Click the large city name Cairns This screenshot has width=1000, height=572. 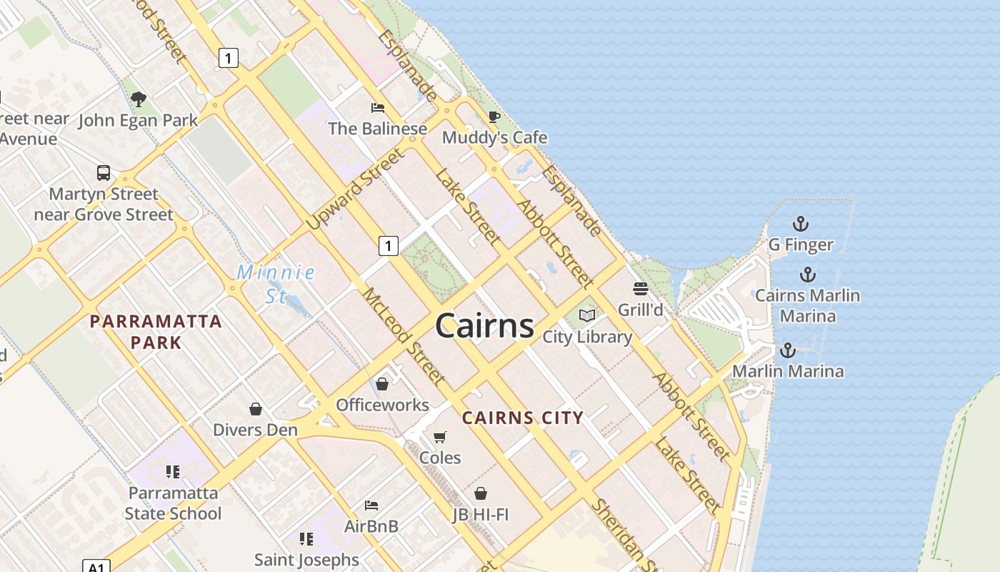coord(484,326)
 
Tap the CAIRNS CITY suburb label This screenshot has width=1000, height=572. coord(523,418)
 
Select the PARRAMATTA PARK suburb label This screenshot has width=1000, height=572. coord(156,332)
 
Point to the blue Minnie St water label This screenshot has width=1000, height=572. coord(276,283)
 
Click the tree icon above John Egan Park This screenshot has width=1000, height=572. coord(139,99)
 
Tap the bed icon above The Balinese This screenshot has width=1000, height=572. coord(378,108)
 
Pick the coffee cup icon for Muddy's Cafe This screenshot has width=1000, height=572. coord(494,117)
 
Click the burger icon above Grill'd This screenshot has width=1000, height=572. coord(640,289)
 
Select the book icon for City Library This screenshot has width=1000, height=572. coord(587,315)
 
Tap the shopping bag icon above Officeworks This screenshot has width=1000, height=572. coord(382,385)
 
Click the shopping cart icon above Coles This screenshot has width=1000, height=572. coord(440,437)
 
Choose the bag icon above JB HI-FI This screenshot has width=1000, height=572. coord(481,493)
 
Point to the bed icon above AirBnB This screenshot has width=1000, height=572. coord(371,506)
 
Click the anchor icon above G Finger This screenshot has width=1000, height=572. coord(801,224)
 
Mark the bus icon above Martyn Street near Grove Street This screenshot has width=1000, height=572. coord(104,173)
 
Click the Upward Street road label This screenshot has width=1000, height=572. coord(355,189)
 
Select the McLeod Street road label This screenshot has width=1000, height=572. coord(404,336)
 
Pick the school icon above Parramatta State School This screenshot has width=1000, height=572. coord(172,472)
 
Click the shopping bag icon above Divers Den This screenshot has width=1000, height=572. coord(256,409)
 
